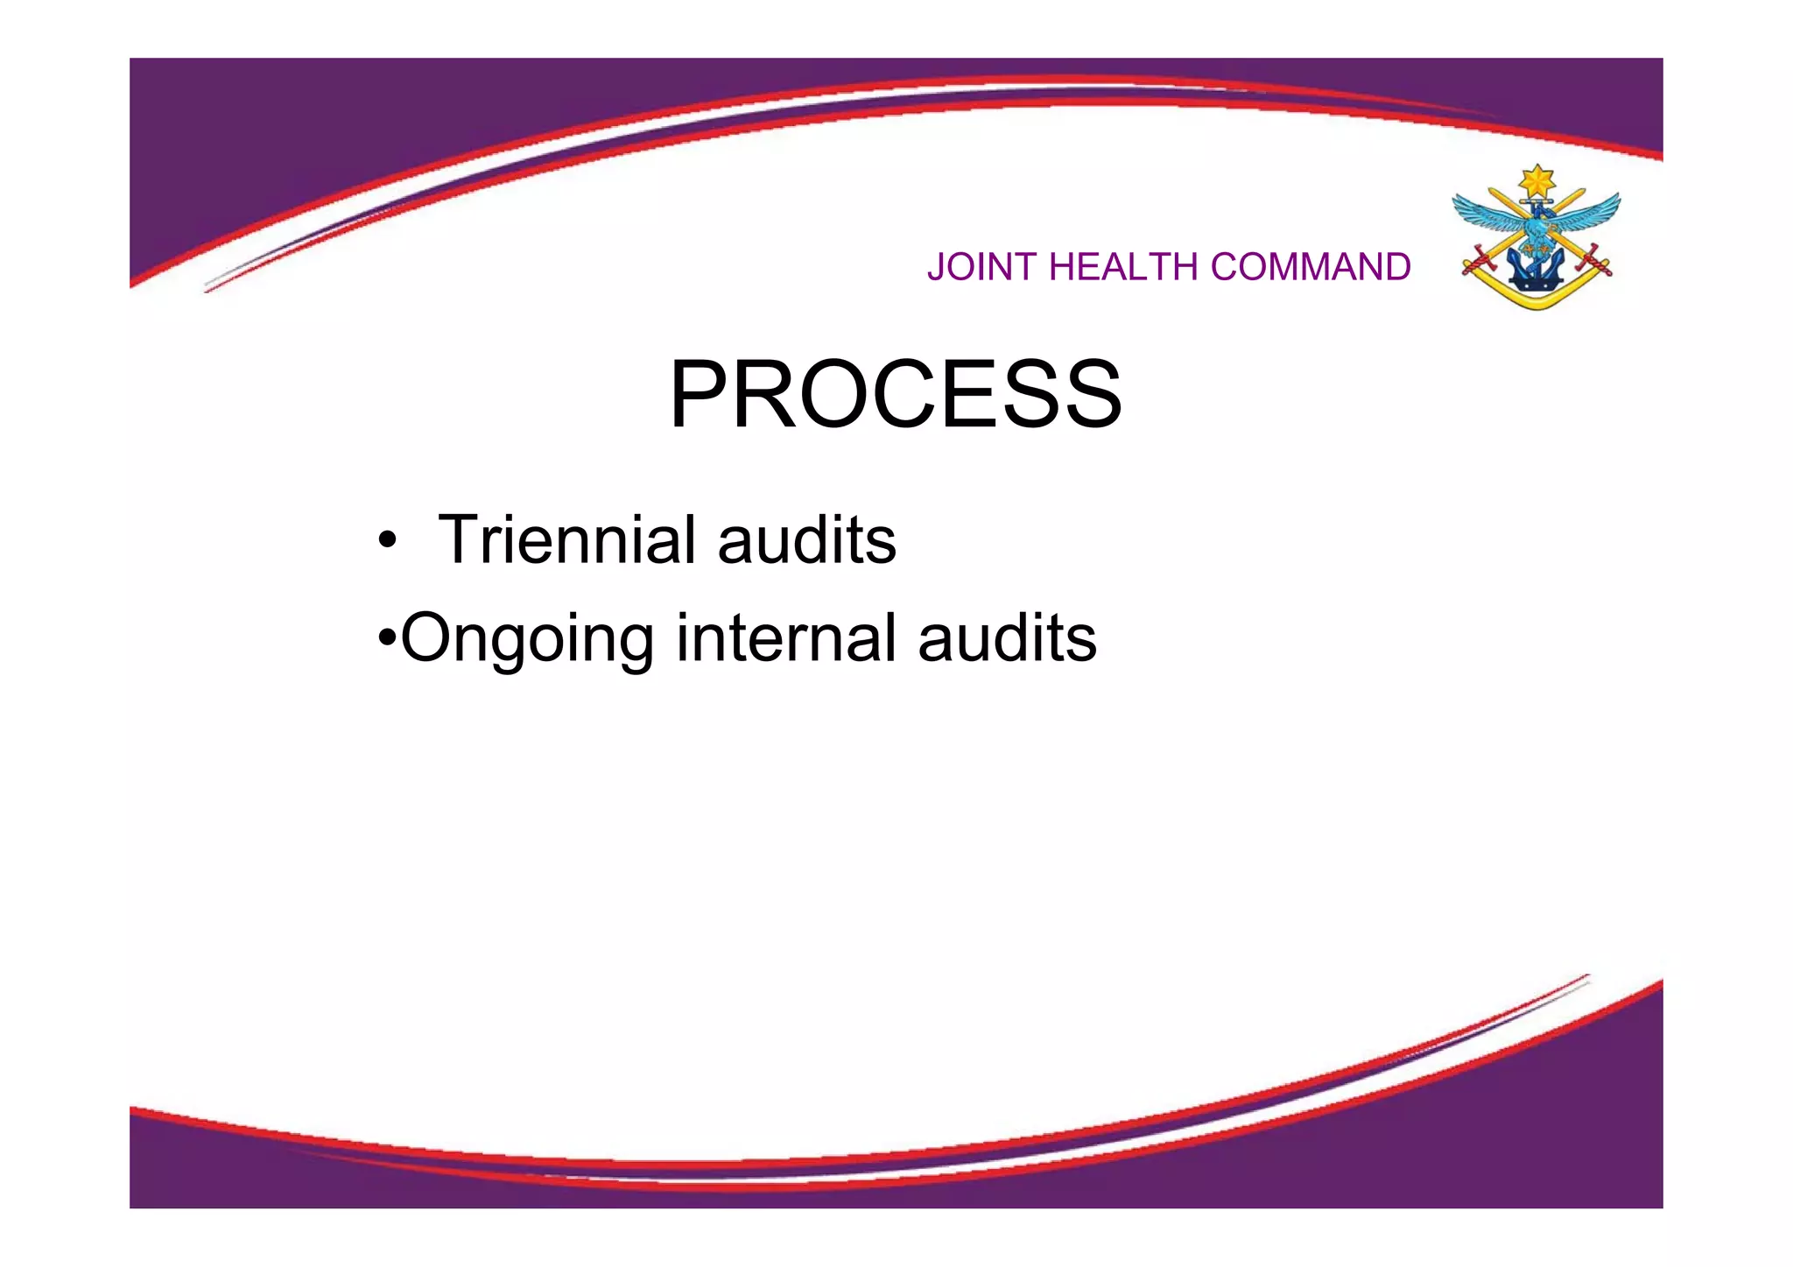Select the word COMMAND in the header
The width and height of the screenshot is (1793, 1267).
[1311, 267]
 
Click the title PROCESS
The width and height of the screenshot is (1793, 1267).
[896, 395]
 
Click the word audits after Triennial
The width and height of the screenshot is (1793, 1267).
[806, 539]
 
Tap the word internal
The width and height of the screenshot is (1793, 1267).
[786, 637]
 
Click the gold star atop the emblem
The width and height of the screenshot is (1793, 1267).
[1536, 182]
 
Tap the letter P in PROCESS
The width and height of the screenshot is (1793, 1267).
[700, 395]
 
